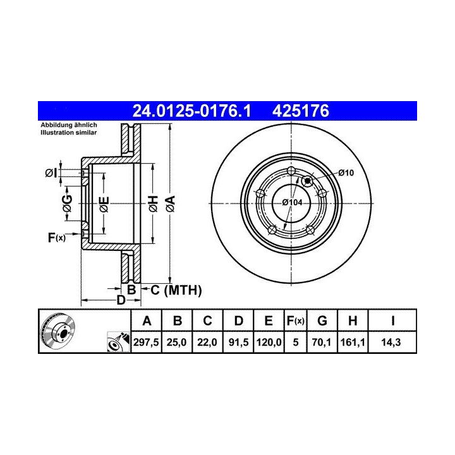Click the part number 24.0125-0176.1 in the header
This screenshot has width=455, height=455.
(x=191, y=111)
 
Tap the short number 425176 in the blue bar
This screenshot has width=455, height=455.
(x=301, y=111)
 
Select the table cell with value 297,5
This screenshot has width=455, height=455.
(x=146, y=343)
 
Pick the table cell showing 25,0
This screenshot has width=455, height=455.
(x=176, y=343)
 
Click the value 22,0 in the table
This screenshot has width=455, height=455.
(x=207, y=343)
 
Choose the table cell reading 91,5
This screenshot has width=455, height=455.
(x=238, y=343)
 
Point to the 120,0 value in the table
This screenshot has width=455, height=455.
(x=269, y=343)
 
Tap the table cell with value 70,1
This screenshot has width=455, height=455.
(x=322, y=343)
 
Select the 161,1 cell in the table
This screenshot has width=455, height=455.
(x=353, y=343)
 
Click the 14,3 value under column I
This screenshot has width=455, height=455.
(x=391, y=343)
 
